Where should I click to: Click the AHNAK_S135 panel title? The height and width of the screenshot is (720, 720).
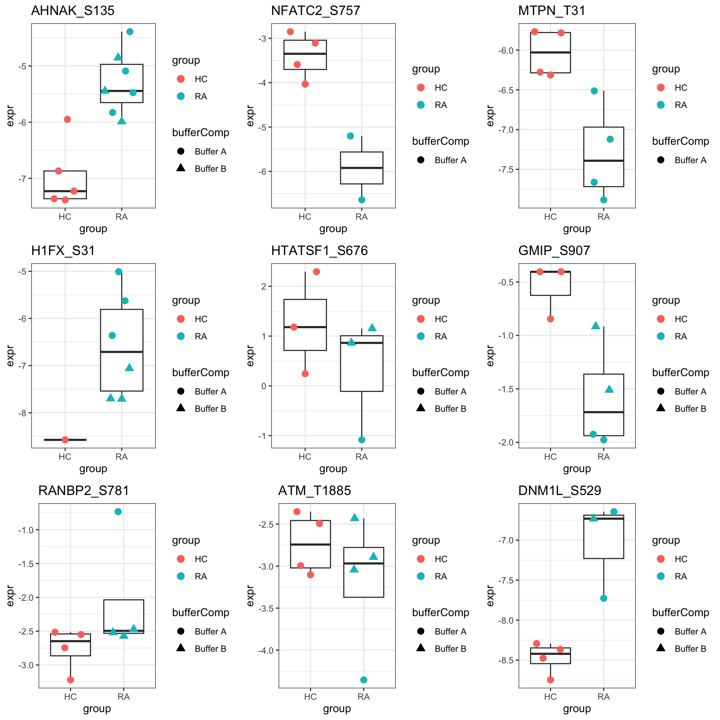click(x=73, y=10)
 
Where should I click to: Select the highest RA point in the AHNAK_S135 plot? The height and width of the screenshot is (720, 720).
click(x=130, y=32)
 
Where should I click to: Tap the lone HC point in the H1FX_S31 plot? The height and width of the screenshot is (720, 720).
click(x=65, y=439)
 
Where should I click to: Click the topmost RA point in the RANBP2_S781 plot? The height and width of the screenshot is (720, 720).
click(x=118, y=511)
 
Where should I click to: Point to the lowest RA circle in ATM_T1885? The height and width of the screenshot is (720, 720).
click(x=363, y=679)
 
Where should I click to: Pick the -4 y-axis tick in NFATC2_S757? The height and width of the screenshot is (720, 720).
click(x=262, y=83)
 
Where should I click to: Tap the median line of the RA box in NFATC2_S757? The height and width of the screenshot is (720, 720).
click(x=361, y=168)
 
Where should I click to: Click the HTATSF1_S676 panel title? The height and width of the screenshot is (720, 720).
click(x=319, y=250)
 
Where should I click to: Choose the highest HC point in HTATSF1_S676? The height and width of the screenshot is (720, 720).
click(x=316, y=271)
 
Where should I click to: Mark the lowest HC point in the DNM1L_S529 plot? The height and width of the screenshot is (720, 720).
click(x=550, y=679)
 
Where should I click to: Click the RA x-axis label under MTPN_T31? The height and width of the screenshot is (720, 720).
click(x=603, y=217)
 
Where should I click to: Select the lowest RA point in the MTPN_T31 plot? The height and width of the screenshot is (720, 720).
click(x=604, y=200)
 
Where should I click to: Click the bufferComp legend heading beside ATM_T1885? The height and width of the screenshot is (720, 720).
click(x=440, y=612)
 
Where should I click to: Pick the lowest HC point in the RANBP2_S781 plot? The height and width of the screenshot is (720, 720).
click(x=70, y=679)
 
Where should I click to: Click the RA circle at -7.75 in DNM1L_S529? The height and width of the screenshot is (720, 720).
click(x=604, y=598)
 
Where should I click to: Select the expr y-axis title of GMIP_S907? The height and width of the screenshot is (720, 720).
click(x=490, y=355)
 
